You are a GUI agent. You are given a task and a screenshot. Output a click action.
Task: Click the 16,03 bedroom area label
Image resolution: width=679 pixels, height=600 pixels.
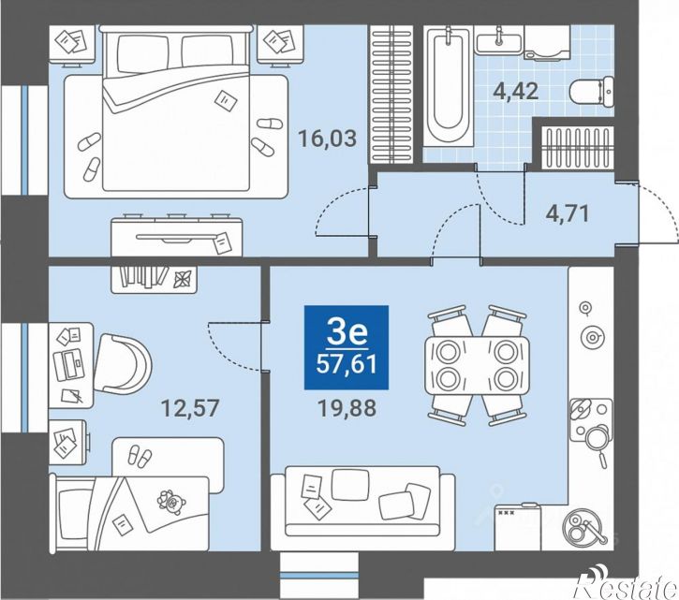328,139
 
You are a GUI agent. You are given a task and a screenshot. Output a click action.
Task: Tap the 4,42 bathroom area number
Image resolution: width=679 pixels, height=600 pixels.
516,92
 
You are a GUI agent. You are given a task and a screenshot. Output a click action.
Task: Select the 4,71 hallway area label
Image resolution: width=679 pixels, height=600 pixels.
568,213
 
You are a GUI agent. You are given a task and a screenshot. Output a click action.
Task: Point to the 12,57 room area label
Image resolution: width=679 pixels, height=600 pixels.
190,408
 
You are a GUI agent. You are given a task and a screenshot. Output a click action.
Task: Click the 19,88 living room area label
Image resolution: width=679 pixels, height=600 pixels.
347,408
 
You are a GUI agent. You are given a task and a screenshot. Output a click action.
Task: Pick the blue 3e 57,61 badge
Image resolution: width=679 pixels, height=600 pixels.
347,347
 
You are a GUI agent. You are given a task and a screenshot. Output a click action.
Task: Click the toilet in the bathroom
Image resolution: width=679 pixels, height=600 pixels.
592,92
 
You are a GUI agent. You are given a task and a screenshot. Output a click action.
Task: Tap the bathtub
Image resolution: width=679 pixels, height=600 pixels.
448,86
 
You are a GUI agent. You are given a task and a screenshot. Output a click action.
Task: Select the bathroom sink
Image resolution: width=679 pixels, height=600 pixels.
499,41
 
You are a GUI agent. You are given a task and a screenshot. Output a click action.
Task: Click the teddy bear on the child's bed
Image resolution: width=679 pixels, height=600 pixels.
171,502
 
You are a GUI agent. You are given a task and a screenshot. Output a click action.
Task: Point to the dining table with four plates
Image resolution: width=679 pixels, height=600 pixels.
477,366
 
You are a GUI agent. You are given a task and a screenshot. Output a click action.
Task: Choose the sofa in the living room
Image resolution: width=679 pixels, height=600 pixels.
362,507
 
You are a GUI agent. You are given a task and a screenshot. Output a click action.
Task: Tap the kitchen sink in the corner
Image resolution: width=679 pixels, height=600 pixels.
583,529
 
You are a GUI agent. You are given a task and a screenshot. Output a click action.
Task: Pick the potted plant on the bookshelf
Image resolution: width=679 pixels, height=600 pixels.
182,279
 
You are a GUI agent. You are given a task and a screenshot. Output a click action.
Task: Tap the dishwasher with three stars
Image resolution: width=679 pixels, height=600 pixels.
518,527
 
